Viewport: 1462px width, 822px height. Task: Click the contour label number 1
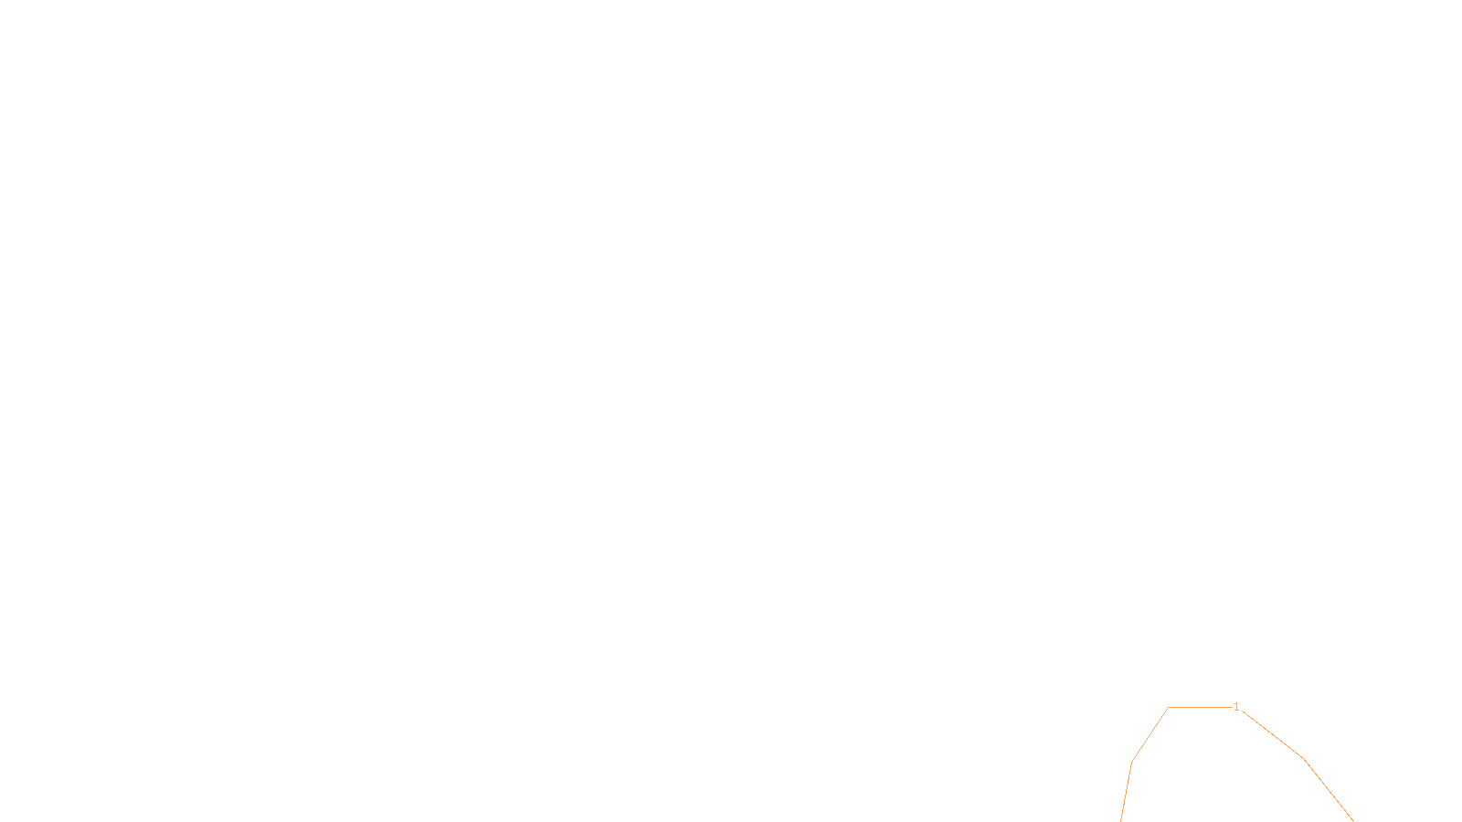click(x=1236, y=707)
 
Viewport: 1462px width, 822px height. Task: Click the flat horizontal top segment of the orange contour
click(x=1200, y=707)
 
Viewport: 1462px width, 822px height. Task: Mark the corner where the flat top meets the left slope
click(x=1168, y=708)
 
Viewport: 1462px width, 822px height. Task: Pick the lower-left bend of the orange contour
click(x=1132, y=762)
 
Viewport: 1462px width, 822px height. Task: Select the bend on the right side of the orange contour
click(x=1303, y=758)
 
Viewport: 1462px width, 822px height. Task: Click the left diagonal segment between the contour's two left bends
click(x=1149, y=735)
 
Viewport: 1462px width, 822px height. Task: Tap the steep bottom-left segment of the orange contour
click(x=1127, y=791)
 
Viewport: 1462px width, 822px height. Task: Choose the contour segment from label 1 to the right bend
click(x=1272, y=733)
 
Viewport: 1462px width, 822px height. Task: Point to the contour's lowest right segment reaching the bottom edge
click(x=1328, y=790)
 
